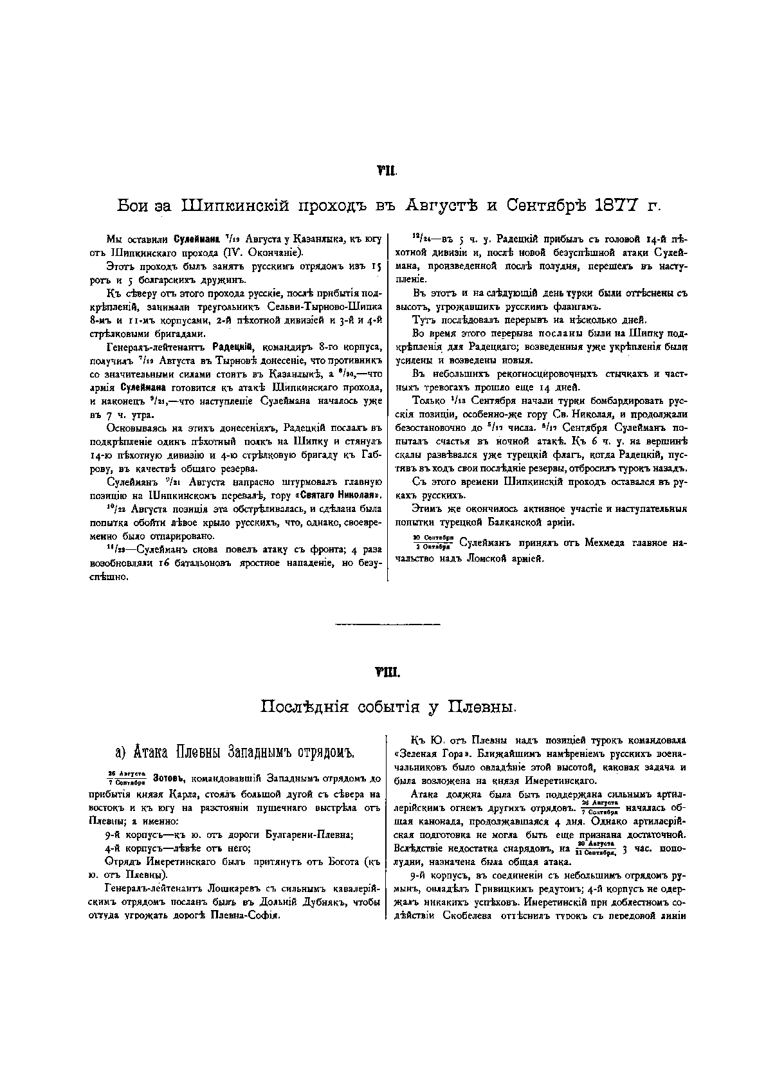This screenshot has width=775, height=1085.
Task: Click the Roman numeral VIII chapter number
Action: (387, 673)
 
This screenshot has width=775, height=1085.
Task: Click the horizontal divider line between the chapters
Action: (388, 624)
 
